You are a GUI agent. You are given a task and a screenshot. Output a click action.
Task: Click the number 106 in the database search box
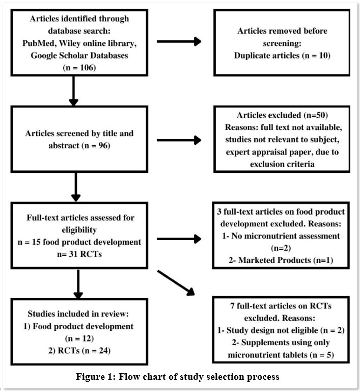pos(87,68)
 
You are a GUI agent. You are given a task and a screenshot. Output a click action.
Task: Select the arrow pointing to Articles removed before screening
pos(179,41)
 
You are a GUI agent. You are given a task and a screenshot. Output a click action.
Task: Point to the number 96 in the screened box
pos(103,145)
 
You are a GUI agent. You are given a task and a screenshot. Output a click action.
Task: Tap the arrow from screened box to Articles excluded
pos(179,140)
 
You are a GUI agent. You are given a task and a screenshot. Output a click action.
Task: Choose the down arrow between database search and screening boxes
pos(73,91)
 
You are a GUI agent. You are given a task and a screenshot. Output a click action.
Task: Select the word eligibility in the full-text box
pos(79,230)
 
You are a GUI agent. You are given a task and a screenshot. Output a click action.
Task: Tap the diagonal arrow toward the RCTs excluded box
pos(176,283)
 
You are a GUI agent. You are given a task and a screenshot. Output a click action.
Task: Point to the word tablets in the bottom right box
pos(295,355)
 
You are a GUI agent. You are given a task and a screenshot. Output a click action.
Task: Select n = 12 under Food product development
pos(79,338)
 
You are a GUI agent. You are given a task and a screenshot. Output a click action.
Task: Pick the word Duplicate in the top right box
pos(251,55)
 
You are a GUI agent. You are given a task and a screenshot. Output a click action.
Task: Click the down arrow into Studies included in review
pos(78,284)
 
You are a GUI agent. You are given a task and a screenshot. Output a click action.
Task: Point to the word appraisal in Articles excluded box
pos(267,152)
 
